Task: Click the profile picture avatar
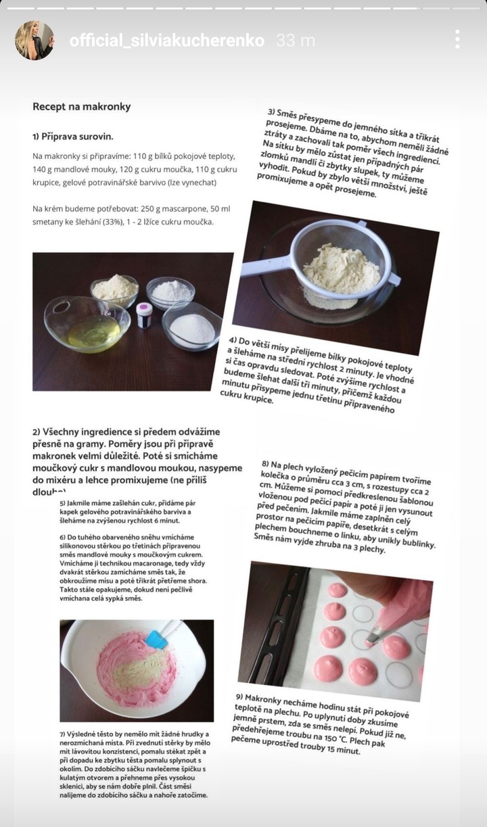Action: coord(34,41)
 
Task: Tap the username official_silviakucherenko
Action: coord(167,41)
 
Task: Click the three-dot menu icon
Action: coord(457,39)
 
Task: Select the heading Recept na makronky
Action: coord(82,107)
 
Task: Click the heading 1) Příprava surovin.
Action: coord(73,137)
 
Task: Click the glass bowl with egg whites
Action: coord(87,324)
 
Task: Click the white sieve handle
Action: coord(266,268)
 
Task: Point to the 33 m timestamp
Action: coord(296,41)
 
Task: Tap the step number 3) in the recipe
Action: coord(271,112)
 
